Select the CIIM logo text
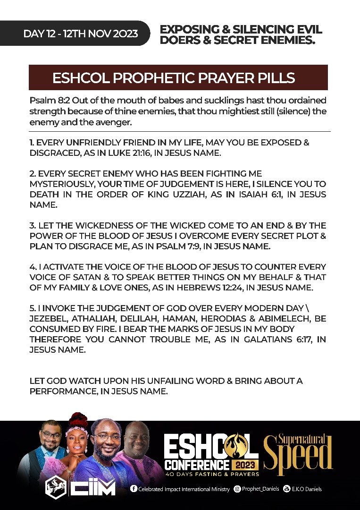tap(93, 487)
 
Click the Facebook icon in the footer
tap(134, 489)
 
